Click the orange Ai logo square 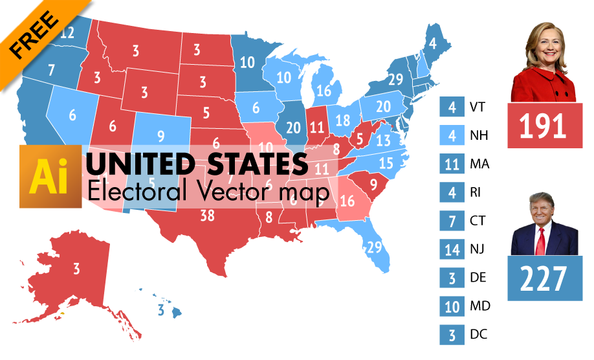point(50,176)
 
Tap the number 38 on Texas point(207,216)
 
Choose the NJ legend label point(478,249)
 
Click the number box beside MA point(451,164)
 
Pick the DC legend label point(478,334)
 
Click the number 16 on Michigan point(324,91)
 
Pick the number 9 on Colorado point(161,137)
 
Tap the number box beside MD point(451,306)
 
